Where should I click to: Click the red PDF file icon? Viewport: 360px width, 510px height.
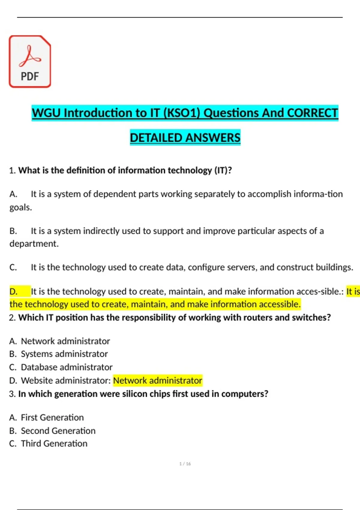pos(30,61)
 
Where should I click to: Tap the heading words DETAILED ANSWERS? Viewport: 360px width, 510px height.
pos(185,138)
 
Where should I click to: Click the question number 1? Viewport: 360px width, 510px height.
pos(12,170)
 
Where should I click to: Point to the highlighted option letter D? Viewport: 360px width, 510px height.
pos(13,291)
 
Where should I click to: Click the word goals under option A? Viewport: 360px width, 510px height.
pos(20,207)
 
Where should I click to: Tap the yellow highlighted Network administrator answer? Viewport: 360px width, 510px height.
pos(157,380)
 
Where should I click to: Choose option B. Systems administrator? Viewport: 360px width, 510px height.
pos(58,354)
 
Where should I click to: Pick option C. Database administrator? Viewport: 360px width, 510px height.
pos(61,367)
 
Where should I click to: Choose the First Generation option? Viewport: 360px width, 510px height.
pos(46,418)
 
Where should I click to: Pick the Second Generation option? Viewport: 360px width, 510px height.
pos(52,431)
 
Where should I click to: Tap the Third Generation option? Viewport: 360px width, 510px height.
pos(48,444)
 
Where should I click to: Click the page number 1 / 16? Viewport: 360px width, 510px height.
pos(185,464)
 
